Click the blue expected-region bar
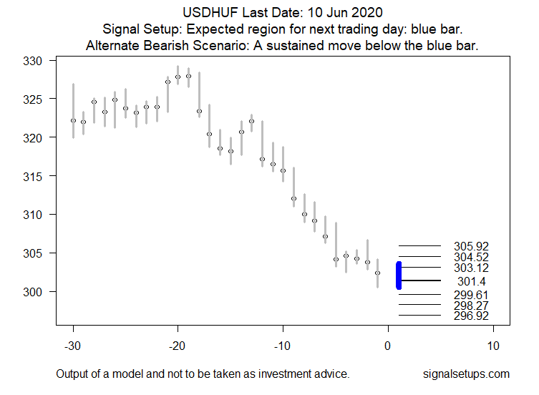click(x=399, y=275)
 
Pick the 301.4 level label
click(x=471, y=281)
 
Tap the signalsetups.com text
click(x=466, y=374)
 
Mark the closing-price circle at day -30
click(x=73, y=120)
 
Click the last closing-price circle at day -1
click(x=378, y=273)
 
